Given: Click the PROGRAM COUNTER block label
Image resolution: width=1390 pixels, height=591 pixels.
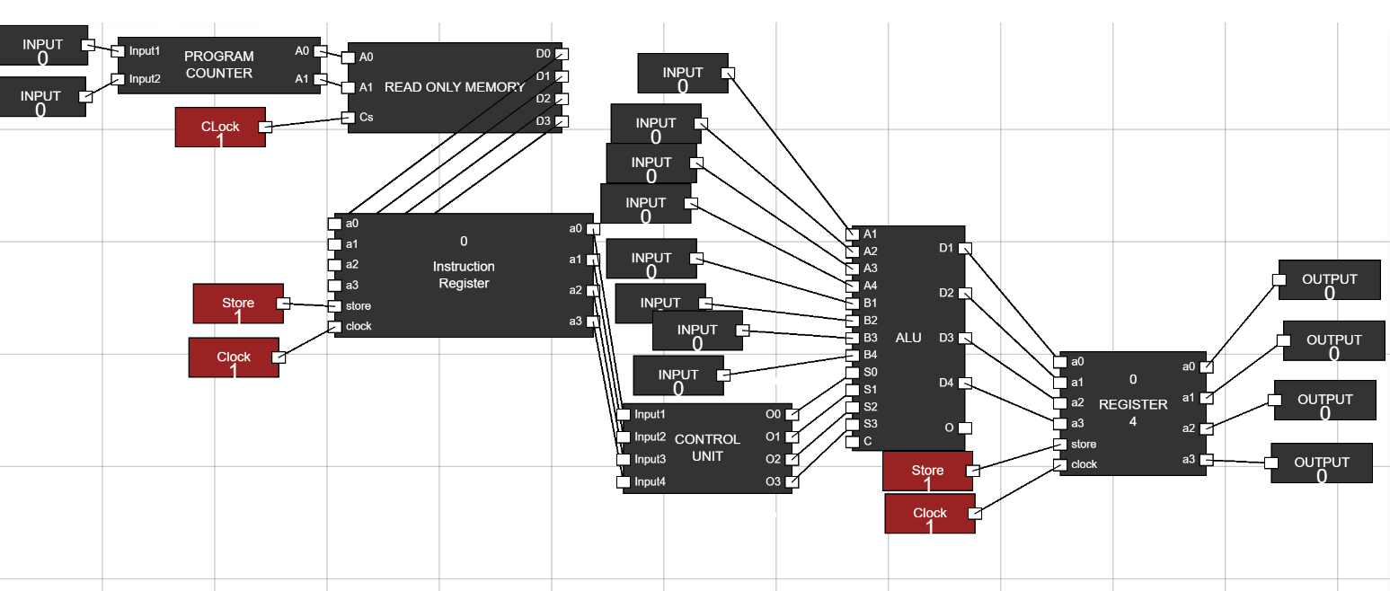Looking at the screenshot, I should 218,65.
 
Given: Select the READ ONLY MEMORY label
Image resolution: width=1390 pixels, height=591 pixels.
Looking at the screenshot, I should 454,87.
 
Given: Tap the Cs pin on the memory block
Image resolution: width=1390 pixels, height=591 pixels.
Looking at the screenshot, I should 349,117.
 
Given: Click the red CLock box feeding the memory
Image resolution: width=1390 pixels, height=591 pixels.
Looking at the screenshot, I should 220,127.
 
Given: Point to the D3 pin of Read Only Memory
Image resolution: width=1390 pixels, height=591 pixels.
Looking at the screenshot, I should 561,121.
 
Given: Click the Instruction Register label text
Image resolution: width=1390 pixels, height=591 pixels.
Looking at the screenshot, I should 464,275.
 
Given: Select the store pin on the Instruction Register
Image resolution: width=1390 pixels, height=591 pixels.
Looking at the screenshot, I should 334,306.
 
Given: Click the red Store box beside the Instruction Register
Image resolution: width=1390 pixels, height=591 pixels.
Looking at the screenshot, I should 238,304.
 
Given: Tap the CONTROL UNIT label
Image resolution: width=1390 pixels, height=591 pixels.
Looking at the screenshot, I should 707,447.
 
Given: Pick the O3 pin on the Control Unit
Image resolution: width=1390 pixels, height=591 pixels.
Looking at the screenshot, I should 791,481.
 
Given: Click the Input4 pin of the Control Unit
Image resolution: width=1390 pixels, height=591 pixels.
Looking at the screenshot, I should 624,481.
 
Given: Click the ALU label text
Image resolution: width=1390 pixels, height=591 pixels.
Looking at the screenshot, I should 908,338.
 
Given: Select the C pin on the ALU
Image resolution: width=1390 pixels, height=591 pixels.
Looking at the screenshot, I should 853,441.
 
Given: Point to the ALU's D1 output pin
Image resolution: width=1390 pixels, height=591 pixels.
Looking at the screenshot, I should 964,248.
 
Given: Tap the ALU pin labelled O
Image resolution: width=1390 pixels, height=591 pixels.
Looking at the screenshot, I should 964,428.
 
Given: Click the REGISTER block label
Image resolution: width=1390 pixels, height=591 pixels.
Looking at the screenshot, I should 1133,404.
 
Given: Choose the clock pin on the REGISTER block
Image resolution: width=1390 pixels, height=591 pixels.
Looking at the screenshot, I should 1060,464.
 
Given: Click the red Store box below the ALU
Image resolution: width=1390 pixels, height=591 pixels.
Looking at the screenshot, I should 927,471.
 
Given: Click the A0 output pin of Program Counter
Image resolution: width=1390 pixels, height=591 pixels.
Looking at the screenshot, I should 320,51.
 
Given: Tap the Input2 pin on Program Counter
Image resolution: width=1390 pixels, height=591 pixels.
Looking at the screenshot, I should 118,79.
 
